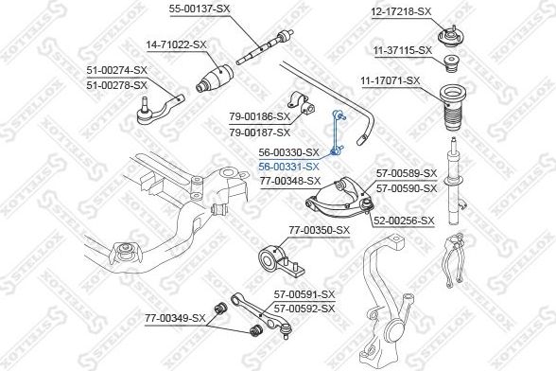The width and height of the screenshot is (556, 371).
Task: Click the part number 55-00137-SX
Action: (x=200, y=8)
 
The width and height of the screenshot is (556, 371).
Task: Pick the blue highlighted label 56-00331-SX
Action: (x=289, y=165)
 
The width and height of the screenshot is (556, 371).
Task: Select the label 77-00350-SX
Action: (x=319, y=229)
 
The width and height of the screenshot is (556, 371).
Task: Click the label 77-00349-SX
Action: (x=173, y=318)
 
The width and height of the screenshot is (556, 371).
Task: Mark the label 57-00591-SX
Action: (x=303, y=295)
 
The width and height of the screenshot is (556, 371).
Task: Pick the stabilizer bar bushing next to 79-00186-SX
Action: (x=305, y=110)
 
